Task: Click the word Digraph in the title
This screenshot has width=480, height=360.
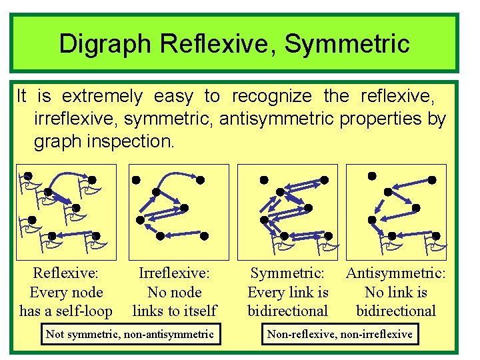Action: click(107, 44)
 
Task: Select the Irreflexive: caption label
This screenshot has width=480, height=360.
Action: click(174, 273)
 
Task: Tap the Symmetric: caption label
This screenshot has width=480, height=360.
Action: click(287, 273)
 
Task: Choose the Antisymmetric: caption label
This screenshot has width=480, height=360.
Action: click(396, 273)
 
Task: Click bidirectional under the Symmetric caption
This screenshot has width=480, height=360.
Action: click(287, 311)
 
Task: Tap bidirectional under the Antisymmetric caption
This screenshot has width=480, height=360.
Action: click(396, 311)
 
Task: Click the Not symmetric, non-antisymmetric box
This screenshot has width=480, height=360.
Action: click(129, 334)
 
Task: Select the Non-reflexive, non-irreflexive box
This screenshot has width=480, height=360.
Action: click(340, 334)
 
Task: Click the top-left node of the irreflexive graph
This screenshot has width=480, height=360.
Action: click(135, 180)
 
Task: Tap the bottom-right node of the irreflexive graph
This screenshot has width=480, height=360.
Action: click(205, 236)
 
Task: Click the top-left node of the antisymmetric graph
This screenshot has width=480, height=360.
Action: click(372, 176)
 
